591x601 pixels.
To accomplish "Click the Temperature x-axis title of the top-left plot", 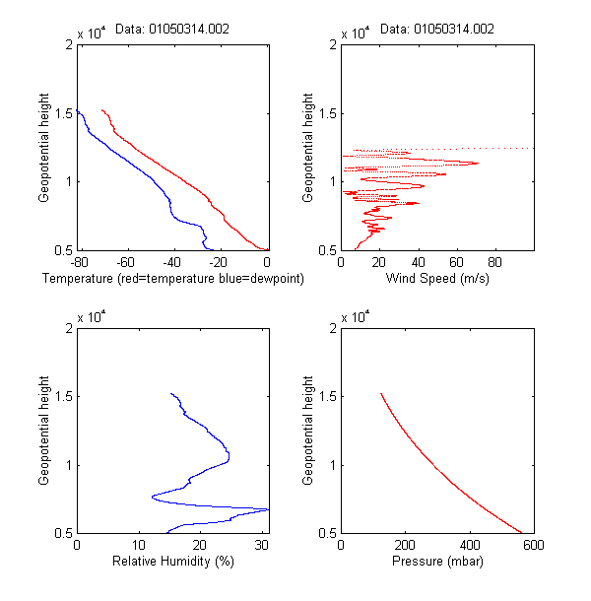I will (x=172, y=279).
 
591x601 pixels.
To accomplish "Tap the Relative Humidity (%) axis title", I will (x=172, y=562).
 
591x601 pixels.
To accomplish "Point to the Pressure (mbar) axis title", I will (x=437, y=562).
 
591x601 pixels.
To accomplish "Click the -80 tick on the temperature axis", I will (x=79, y=263).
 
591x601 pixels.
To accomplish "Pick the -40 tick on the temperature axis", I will (x=172, y=263).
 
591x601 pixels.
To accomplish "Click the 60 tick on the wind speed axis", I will (x=456, y=263).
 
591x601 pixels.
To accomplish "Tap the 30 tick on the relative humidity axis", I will (x=261, y=546).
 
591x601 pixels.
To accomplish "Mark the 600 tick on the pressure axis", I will (x=533, y=546).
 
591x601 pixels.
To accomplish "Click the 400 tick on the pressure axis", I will (x=469, y=546).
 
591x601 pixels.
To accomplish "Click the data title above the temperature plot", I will (x=172, y=30).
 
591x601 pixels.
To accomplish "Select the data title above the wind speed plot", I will (x=437, y=30).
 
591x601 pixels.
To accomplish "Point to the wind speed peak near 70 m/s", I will (x=477, y=163).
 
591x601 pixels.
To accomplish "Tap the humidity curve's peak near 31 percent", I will (x=267, y=509).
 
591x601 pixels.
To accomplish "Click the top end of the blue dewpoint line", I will (x=78, y=110).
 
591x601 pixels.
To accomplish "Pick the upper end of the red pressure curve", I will (x=381, y=394).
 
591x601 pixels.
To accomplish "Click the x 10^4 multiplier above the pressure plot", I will (x=356, y=317).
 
